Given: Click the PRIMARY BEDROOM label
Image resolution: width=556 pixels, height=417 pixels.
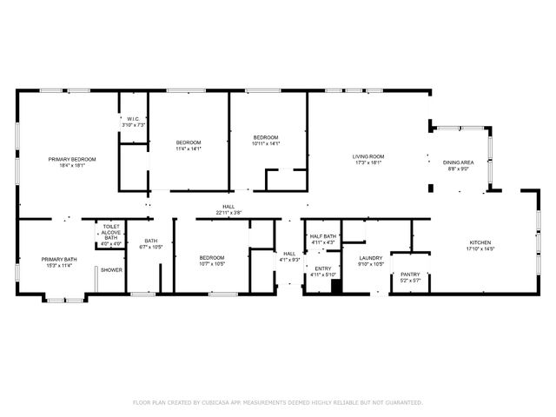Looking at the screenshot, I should click(72, 159).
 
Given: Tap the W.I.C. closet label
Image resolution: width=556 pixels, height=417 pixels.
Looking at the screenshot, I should click(134, 119).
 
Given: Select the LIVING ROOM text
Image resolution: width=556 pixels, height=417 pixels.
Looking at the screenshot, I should click(367, 156).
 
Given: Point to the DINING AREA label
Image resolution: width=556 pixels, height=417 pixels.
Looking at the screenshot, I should click(458, 162).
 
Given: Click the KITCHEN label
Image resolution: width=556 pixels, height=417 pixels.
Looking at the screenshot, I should click(480, 242).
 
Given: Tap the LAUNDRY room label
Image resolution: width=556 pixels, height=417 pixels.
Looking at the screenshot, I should click(371, 258).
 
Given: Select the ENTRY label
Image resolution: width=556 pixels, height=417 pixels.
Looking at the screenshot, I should click(322, 268).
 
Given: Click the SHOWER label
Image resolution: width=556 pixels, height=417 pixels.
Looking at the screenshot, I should click(111, 270).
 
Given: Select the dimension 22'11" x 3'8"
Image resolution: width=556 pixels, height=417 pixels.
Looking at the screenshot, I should click(228, 212).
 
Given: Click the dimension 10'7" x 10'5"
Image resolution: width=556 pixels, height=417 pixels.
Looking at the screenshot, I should click(212, 263).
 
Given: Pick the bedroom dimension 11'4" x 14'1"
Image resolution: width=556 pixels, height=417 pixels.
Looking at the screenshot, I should click(189, 149).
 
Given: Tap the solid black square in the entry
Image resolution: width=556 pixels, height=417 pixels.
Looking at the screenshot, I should click(337, 285).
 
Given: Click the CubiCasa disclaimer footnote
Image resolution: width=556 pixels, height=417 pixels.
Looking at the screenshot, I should click(277, 402).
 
